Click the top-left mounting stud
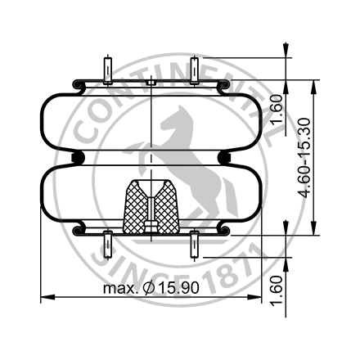point(109,70)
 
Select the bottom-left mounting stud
point(109,245)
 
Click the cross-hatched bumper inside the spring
point(152,208)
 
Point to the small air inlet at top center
point(152,82)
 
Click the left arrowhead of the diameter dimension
point(43,299)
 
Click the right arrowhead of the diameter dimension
point(262,299)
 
